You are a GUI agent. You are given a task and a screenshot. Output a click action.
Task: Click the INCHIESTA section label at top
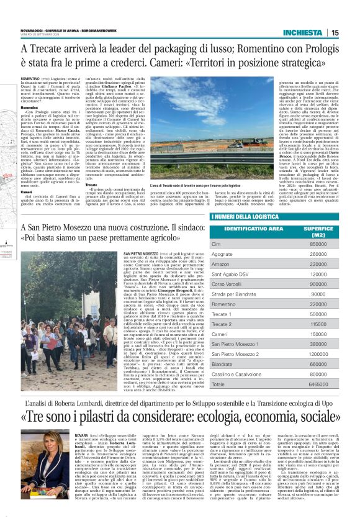click(302, 33)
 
